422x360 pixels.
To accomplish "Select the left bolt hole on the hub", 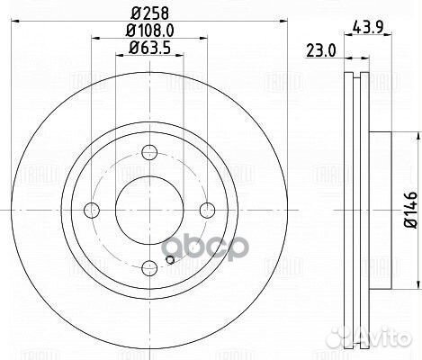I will click(91, 211).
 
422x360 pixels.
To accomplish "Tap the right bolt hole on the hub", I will click(207, 211).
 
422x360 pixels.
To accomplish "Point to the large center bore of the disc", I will click(148, 211).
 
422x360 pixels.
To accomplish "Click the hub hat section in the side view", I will click(378, 211).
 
